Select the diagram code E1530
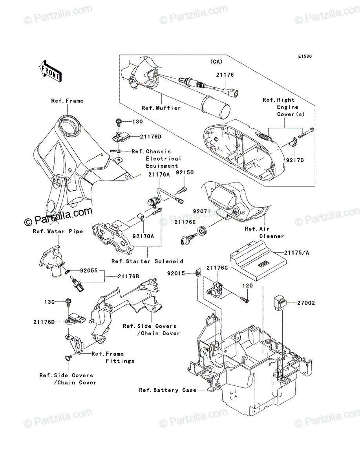coord(305,57)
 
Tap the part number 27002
coord(306,303)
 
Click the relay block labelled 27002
coord(280,303)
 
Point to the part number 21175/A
coord(297,253)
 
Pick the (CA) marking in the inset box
coord(216,62)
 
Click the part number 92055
coord(89,270)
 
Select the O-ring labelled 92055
coord(67,272)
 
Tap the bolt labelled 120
coord(245,299)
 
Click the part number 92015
coord(176,273)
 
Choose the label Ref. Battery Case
coord(168,390)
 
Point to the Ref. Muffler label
coord(161,108)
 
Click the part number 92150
coord(185,173)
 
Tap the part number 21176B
coord(128,277)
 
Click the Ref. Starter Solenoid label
coord(147,261)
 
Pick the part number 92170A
coord(143,236)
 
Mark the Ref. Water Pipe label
coord(58,231)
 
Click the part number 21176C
coord(217,268)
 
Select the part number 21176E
coord(185,222)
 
